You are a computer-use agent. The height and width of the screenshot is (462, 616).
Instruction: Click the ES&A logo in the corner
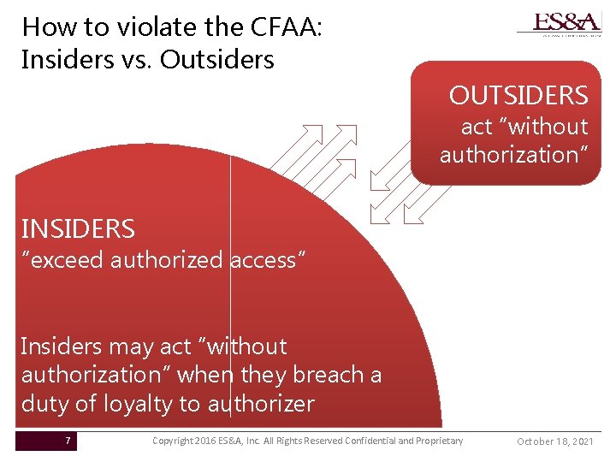[559, 23]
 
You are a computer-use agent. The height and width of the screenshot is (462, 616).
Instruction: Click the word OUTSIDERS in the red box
[518, 95]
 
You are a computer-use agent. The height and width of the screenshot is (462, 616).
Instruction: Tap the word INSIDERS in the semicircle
[78, 229]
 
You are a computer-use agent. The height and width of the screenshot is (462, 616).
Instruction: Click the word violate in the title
[130, 27]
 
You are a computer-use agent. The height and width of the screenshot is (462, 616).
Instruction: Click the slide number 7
[68, 441]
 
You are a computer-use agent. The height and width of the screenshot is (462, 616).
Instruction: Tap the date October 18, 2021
[555, 441]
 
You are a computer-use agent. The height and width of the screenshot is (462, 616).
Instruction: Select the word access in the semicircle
[264, 259]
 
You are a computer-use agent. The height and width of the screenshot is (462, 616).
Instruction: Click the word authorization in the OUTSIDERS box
[512, 155]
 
